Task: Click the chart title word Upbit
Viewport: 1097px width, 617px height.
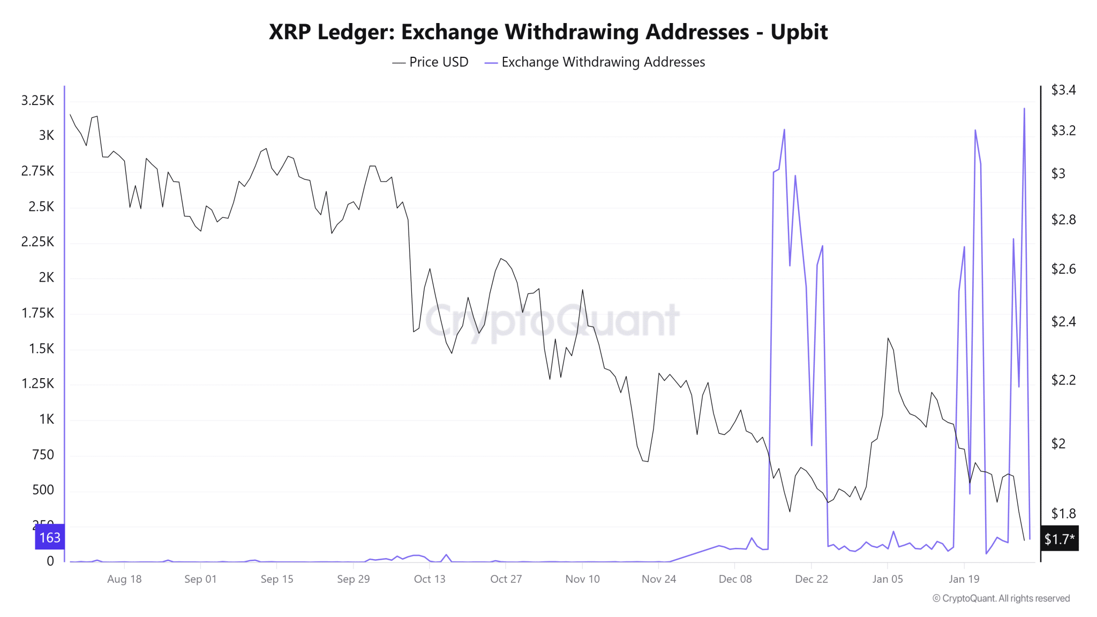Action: point(799,32)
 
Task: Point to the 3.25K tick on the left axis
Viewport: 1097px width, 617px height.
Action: point(37,101)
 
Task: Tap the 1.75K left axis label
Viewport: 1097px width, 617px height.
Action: point(37,313)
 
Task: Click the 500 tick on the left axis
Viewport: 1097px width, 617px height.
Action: point(43,490)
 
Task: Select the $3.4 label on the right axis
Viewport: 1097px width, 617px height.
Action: point(1063,90)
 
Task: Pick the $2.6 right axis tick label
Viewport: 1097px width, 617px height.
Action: point(1063,269)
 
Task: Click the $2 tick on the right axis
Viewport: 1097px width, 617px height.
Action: point(1058,443)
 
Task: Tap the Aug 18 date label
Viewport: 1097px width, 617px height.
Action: point(124,579)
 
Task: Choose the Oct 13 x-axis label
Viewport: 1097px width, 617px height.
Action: point(430,579)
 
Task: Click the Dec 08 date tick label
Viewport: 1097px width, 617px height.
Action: point(735,579)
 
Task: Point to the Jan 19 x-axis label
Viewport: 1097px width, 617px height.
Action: point(964,579)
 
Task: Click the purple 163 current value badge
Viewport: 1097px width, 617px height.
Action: point(50,537)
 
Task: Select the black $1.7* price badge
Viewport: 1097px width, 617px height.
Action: point(1059,539)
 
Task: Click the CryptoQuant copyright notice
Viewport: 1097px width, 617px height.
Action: point(1001,598)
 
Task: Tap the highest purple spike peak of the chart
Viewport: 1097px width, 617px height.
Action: point(1024,109)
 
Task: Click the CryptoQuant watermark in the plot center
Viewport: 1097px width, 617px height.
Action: point(552,321)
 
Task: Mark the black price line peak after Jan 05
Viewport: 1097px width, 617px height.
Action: point(888,338)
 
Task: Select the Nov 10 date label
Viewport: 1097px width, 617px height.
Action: point(582,579)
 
